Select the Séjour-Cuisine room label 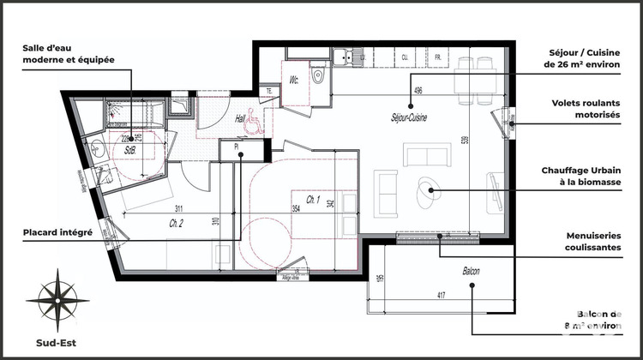pyautogui.click(x=409, y=117)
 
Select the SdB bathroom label pyautogui.click(x=130, y=149)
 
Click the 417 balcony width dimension pyautogui.click(x=440, y=297)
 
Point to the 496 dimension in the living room pyautogui.click(x=418, y=90)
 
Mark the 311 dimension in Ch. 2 pyautogui.click(x=177, y=209)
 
